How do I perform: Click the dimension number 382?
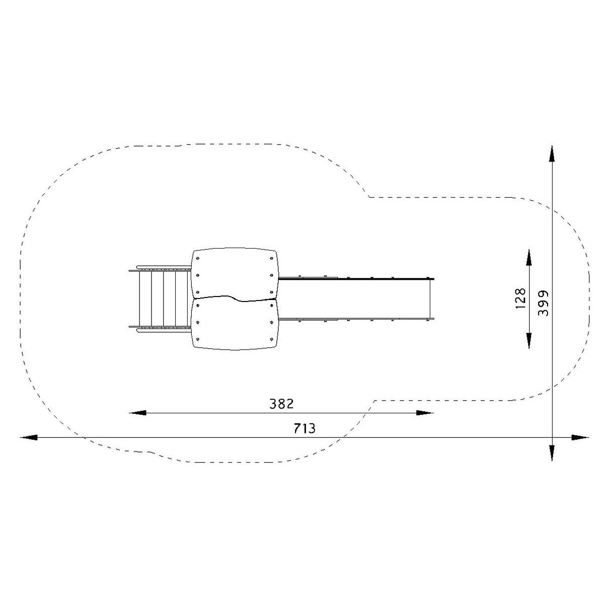pos(281,404)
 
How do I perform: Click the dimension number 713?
pos(305,428)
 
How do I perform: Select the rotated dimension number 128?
pos(520,298)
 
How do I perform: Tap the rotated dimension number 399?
pos(543,304)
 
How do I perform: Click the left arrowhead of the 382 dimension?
pos(137,413)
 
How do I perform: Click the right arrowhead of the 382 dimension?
pos(425,413)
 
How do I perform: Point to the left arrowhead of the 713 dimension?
pos(29,437)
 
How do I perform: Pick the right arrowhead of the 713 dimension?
pos(580,437)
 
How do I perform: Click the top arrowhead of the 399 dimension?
pos(552,154)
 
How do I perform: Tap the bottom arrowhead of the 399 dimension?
pos(552,452)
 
